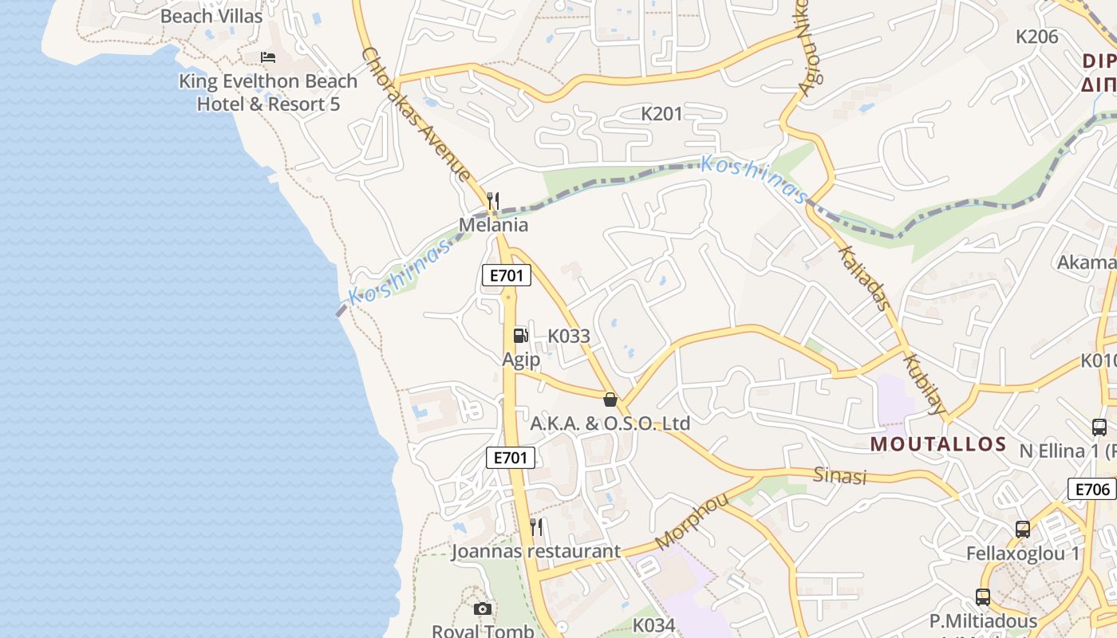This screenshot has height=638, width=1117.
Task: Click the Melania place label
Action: coord(493,225)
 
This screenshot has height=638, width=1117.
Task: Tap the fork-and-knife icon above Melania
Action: coord(493,200)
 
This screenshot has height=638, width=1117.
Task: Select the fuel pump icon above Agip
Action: coord(520,336)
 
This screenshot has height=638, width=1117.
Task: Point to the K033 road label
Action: coord(569,336)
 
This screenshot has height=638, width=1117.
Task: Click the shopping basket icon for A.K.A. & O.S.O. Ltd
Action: coord(610,400)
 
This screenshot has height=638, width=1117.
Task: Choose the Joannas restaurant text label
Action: coord(535,551)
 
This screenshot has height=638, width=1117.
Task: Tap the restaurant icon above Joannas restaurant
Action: coord(536,526)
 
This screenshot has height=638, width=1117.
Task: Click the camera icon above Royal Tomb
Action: coord(483,609)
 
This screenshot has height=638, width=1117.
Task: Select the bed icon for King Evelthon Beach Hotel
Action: coord(268,57)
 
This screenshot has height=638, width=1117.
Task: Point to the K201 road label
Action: coord(662,114)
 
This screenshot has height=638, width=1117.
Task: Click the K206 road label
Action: coord(1036,37)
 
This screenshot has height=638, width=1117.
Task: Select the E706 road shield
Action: coord(1091,489)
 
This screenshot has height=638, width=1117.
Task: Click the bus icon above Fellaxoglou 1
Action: coord(1023,529)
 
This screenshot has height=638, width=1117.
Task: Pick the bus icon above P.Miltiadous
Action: coord(983,597)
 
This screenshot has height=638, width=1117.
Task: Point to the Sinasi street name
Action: coord(839,476)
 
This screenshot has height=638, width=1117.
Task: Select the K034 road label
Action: coord(654,625)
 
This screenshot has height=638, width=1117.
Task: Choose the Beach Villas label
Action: coord(211,16)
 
